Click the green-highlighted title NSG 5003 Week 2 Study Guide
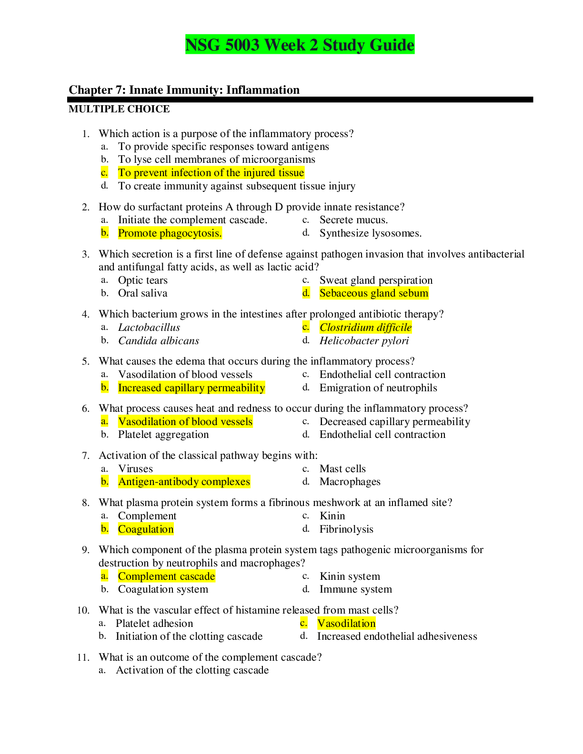point(300,45)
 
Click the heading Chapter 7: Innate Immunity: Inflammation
point(184,90)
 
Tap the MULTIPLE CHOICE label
point(119,109)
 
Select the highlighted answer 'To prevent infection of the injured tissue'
point(211,172)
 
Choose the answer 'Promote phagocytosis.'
point(170,233)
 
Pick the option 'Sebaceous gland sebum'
point(374,293)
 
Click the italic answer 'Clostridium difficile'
point(365,327)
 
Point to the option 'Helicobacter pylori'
point(364,341)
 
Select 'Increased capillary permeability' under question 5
point(191,387)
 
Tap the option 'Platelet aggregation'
point(163,434)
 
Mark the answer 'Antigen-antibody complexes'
point(184,482)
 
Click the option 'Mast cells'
point(342,468)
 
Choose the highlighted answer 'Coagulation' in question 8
point(146,529)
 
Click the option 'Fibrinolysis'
point(346,529)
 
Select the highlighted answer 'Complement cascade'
point(166,576)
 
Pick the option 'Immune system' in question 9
point(355,589)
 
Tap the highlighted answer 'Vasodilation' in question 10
point(346,623)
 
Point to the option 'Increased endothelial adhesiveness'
point(397,636)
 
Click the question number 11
point(83,657)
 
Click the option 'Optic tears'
point(142,280)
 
